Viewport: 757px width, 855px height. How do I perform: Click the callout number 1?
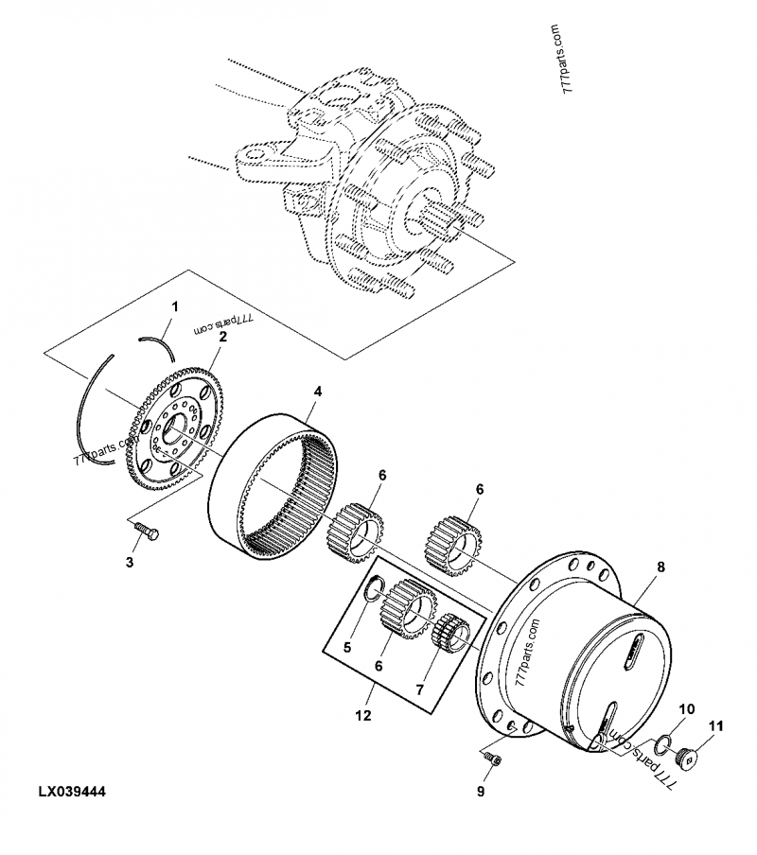point(173,306)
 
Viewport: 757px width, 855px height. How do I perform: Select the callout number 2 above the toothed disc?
point(222,336)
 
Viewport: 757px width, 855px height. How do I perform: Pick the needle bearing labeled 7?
point(449,631)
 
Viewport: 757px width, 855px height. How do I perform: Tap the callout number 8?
point(660,567)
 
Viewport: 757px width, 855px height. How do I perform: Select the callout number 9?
point(480,792)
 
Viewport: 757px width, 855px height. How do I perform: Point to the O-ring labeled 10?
point(664,740)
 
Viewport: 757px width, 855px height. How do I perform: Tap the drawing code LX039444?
point(72,791)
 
